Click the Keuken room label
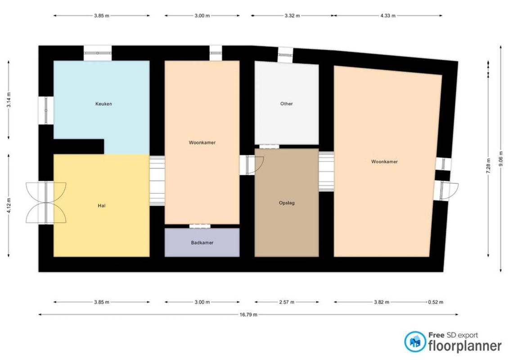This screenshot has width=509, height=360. coord(104,104)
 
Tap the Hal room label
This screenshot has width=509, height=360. coord(102,206)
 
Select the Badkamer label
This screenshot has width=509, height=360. coord(202,243)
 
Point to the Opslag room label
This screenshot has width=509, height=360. coord(287,203)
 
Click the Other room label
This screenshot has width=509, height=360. coord(287,103)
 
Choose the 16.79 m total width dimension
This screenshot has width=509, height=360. coord(248,314)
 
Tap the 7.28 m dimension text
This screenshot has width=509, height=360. coord(488,166)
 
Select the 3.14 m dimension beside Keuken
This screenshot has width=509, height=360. coord(9,100)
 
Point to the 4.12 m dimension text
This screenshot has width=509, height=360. coord(9,206)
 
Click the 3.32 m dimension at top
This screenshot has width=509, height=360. coord(292,15)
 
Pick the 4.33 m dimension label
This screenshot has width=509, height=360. coord(388,15)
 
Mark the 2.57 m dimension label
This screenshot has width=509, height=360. coord(287,302)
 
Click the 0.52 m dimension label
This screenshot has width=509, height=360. coord(435,302)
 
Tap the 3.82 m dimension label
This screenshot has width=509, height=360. coord(382,302)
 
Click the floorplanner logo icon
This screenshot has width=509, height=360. coord(415,342)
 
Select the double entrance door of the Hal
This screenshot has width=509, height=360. coord(46,203)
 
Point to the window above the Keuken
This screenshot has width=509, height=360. coord(98,53)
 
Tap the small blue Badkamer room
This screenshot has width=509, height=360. coord(202,243)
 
